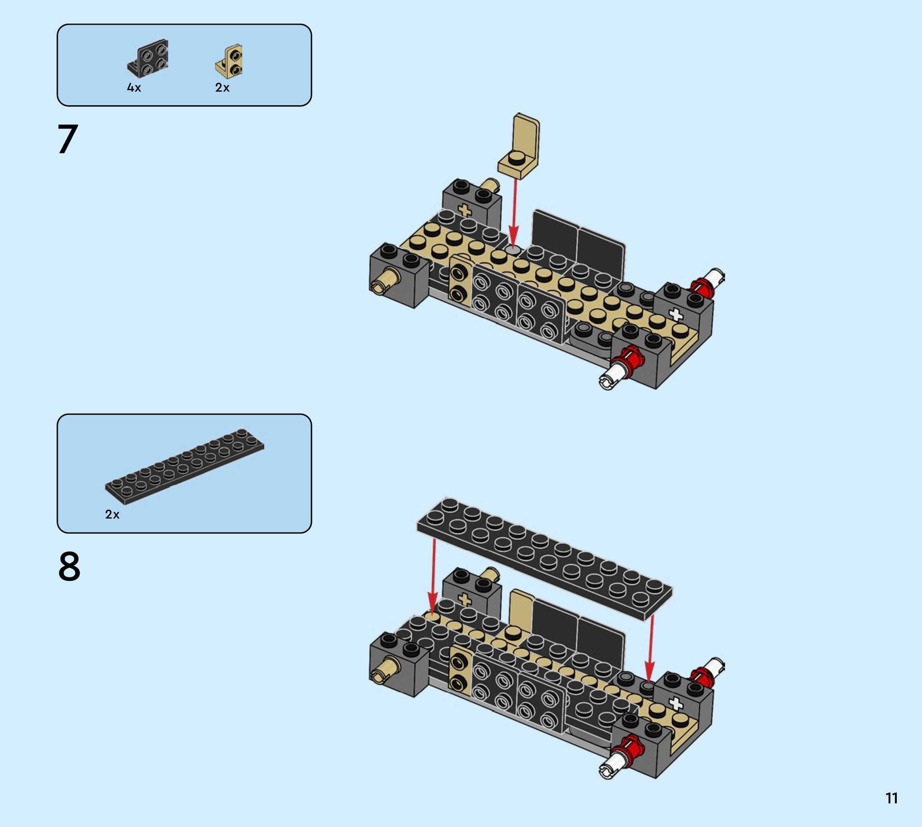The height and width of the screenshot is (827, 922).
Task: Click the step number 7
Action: pos(68,139)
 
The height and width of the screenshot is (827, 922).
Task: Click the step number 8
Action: pos(69,566)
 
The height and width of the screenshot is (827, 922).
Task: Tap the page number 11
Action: pos(892,798)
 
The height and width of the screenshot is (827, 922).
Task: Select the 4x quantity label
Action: pos(134,88)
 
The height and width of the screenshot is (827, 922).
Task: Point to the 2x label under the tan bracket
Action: pos(222,88)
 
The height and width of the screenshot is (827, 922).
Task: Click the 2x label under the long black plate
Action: pos(112,515)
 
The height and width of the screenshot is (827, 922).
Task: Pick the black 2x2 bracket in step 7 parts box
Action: pos(148,58)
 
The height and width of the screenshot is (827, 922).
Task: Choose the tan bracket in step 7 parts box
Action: pos(229,61)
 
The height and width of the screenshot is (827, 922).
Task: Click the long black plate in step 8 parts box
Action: pos(185,467)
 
